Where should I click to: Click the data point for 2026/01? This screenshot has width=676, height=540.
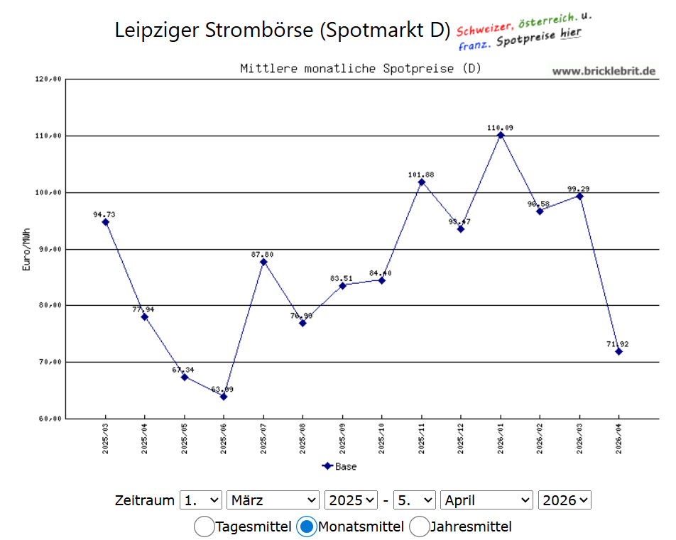(x=501, y=135)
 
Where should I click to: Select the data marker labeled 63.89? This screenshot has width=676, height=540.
(x=224, y=397)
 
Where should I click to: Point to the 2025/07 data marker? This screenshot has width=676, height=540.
(x=263, y=262)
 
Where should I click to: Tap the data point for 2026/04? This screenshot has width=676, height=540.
(x=618, y=351)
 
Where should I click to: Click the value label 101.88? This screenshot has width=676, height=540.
(x=421, y=175)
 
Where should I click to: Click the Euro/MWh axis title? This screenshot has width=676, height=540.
(x=26, y=249)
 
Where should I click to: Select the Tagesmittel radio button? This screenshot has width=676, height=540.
(x=204, y=527)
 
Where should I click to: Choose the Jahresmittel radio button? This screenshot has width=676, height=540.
(x=419, y=527)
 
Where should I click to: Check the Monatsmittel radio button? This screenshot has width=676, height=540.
(x=307, y=527)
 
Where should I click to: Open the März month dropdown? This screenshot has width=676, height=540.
(x=273, y=500)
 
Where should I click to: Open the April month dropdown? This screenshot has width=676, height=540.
(x=486, y=500)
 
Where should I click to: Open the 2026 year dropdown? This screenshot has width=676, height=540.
(x=565, y=500)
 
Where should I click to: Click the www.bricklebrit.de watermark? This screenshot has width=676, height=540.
(x=604, y=71)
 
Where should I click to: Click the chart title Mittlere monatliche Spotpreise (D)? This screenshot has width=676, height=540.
(x=361, y=69)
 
